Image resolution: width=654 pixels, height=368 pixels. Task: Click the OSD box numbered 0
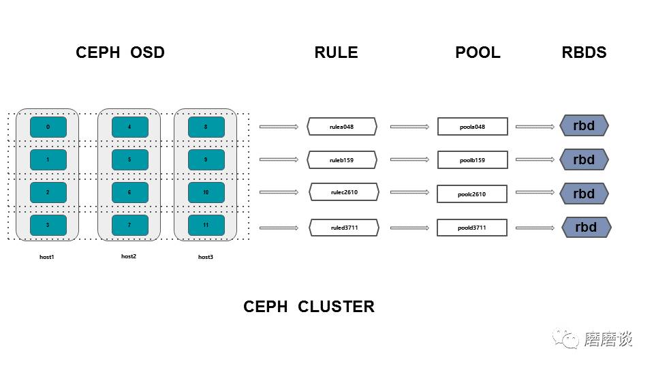[x=48, y=127]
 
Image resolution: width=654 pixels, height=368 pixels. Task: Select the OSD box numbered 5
[x=129, y=159]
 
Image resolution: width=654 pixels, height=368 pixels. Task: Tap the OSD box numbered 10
[x=206, y=192]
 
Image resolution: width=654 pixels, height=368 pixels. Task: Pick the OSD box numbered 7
[x=129, y=226]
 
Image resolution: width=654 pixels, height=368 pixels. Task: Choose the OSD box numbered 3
[x=48, y=226]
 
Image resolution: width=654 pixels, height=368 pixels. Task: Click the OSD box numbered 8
[x=206, y=127]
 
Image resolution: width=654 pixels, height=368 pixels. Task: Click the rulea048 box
[x=342, y=127]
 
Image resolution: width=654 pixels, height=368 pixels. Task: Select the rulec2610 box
[x=344, y=192]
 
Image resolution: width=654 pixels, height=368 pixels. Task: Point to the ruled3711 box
[x=344, y=228]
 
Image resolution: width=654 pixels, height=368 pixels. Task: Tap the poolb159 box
[x=473, y=159]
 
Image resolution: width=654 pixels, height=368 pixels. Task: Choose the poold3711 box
[x=472, y=228]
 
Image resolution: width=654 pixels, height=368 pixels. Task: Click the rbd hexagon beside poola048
[x=584, y=125]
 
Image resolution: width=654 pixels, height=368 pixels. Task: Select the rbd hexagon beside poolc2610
[x=584, y=194]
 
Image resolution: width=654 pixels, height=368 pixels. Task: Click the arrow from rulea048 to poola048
[x=409, y=127]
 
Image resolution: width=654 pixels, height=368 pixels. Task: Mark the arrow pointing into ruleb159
[x=279, y=159]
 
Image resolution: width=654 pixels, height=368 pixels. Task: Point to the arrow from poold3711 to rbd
[x=535, y=228]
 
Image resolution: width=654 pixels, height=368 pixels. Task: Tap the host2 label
[x=129, y=256]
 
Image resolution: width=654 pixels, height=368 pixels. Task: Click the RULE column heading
[x=336, y=52]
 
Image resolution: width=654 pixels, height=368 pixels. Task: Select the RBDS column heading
[x=584, y=52]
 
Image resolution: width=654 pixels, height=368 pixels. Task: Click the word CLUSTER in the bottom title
[x=336, y=307]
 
